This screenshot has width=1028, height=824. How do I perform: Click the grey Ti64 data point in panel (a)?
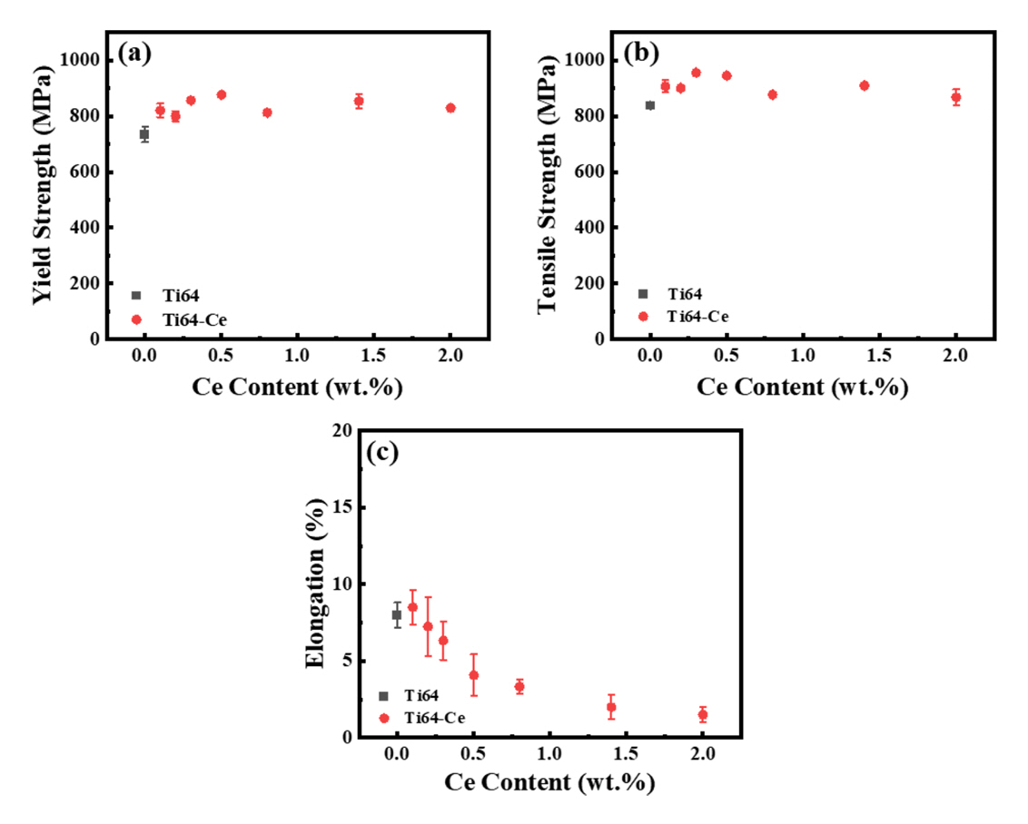pos(144,134)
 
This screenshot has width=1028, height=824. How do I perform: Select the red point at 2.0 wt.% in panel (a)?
pos(450,108)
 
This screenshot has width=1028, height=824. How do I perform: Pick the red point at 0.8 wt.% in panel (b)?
pos(773,94)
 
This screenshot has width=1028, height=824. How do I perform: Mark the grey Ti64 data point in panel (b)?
pos(650,105)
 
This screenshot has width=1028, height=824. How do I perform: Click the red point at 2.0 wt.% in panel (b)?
pos(955,97)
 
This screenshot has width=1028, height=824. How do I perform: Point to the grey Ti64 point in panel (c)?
pos(397,614)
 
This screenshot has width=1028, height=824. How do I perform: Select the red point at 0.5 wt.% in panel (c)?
pos(473,675)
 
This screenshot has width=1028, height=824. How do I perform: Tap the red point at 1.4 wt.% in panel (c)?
pos(611,707)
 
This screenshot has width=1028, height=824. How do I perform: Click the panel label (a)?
pos(134,53)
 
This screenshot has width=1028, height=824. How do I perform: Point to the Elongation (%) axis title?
pos(315,583)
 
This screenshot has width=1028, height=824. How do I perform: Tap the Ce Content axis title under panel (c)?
pos(549,781)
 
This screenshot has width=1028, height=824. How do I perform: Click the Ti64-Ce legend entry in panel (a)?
pos(183,319)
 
